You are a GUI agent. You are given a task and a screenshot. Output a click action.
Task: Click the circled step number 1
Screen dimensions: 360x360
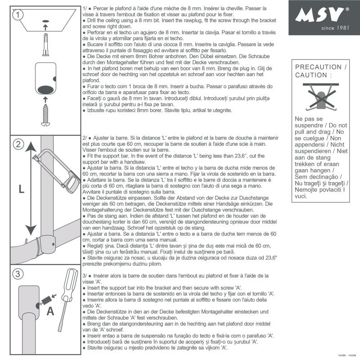pyautogui.click(x=18, y=15)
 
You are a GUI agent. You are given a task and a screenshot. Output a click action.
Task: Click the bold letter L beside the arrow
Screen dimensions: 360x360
pyautogui.click(x=21, y=189)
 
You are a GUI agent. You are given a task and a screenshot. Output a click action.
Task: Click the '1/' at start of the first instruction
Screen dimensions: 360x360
pyautogui.click(x=86, y=9)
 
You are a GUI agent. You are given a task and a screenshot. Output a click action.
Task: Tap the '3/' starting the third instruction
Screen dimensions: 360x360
pyautogui.click(x=86, y=275)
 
